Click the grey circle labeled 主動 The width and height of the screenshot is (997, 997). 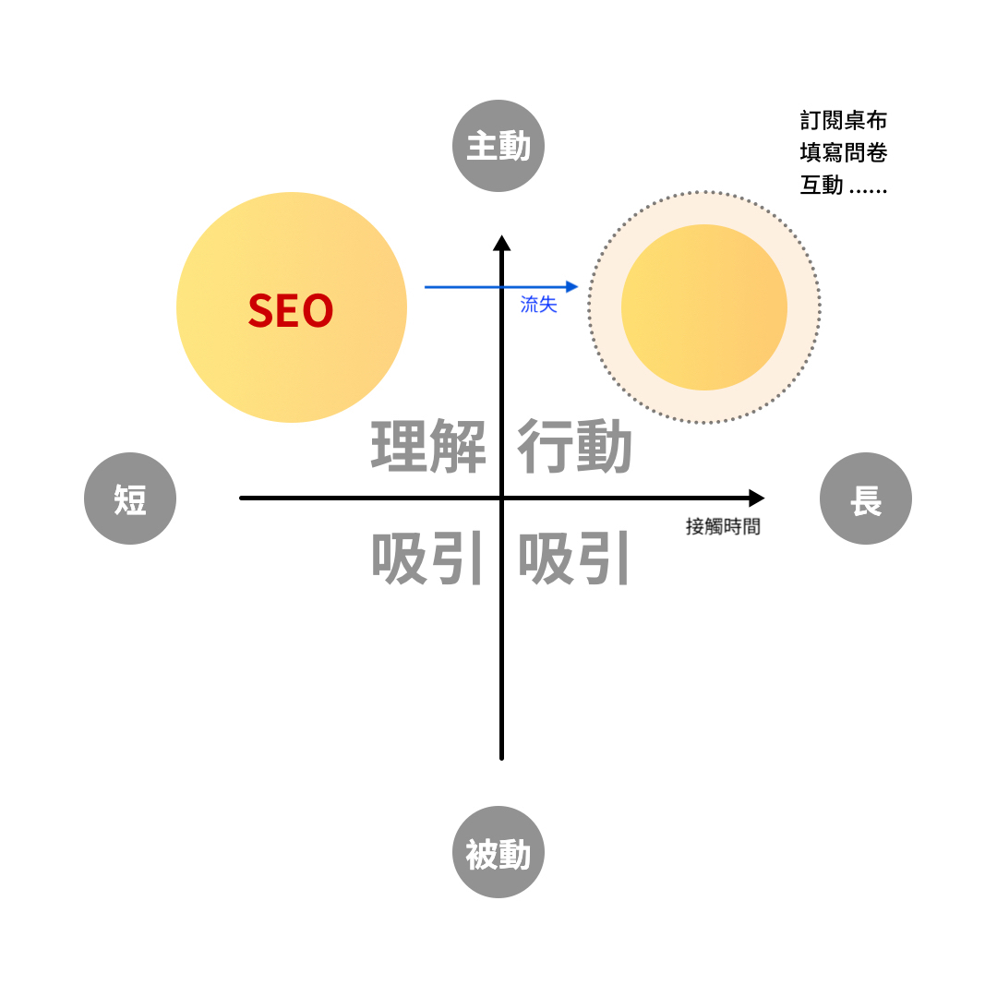(x=498, y=146)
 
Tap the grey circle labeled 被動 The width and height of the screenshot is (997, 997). (x=498, y=852)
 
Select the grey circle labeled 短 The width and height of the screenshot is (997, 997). (x=130, y=498)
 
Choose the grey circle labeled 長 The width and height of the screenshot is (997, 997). (x=866, y=498)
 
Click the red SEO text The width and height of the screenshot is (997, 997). (x=291, y=311)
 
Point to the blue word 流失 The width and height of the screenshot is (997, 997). (x=539, y=305)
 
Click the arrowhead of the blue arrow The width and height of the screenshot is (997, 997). (x=572, y=287)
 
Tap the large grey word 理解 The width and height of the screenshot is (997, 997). (x=428, y=447)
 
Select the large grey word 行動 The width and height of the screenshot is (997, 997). (x=574, y=447)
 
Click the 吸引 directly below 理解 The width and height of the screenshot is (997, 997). (x=428, y=559)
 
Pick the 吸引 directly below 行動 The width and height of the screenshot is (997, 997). (x=574, y=559)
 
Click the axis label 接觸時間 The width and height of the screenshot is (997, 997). (x=723, y=526)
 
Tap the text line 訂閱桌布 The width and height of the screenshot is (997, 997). (x=844, y=121)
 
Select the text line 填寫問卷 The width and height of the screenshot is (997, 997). (x=844, y=152)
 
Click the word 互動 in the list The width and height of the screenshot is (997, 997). (x=822, y=185)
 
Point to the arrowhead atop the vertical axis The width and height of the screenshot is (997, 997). (x=501, y=243)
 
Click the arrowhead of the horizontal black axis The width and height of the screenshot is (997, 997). (x=756, y=498)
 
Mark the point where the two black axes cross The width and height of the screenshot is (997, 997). (x=501, y=498)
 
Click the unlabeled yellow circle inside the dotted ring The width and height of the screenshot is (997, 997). (x=704, y=307)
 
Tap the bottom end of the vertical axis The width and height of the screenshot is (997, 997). (x=501, y=757)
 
